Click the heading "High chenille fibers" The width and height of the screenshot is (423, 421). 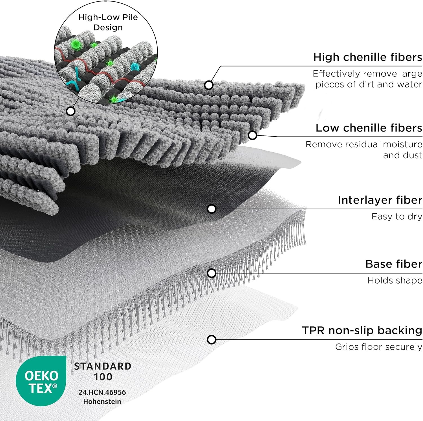coord(367,57)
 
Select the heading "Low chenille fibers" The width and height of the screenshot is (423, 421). coord(369,128)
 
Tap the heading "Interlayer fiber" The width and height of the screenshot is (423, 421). coord(380,200)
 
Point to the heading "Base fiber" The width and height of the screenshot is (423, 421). coord(394,264)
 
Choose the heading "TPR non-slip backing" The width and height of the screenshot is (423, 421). coord(362,330)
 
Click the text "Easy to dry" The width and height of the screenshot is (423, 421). coord(396,216)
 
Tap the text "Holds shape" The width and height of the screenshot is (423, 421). coord(395,280)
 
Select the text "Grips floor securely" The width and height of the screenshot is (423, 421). coord(378,347)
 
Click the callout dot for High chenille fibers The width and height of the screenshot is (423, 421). coord(209,85)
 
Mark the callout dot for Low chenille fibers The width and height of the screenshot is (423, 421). coord(252,135)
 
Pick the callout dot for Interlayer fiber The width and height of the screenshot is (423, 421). coord(211,209)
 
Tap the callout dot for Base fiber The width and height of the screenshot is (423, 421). coord(211,273)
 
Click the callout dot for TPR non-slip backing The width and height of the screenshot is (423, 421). coord(211,339)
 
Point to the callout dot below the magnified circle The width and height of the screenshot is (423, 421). coord(70,111)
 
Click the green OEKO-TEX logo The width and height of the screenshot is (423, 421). coord(41,382)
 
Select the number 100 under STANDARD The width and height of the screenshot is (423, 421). coord(103,377)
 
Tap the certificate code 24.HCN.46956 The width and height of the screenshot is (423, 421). coord(102,392)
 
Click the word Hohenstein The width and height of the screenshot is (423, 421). coord(102,401)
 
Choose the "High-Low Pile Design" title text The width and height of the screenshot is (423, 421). coord(108,22)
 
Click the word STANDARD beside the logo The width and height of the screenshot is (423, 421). coord(103,366)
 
